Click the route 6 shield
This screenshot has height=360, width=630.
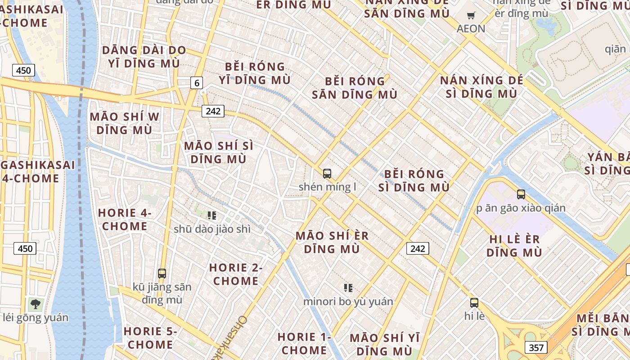tap(197, 83)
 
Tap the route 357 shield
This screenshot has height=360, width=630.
tap(535, 347)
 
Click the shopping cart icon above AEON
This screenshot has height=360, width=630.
tap(471, 16)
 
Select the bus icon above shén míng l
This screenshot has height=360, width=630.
tap(327, 173)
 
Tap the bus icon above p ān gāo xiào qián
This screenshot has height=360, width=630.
tap(521, 194)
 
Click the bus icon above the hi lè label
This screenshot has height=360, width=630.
tap(474, 302)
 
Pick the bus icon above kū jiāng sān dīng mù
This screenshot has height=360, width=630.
tap(162, 273)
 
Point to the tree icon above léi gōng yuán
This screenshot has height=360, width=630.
tap(36, 304)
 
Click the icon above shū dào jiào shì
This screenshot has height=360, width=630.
tap(212, 216)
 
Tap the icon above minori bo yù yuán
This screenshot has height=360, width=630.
tap(348, 288)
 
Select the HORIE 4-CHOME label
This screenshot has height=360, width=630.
tap(125, 219)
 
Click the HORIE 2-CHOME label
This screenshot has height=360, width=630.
tap(236, 274)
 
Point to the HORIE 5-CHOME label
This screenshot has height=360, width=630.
tap(150, 338)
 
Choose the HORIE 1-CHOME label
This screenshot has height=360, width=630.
tap(304, 343)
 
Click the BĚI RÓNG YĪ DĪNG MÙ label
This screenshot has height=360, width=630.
tap(255, 73)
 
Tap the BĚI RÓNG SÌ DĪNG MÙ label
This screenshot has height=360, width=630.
tap(414, 180)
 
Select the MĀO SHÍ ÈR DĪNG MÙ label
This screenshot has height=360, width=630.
tap(332, 242)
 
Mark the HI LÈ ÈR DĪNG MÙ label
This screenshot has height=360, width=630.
tap(514, 245)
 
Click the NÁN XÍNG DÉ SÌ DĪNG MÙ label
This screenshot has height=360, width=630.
tap(481, 87)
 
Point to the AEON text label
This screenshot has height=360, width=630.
tap(471, 29)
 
